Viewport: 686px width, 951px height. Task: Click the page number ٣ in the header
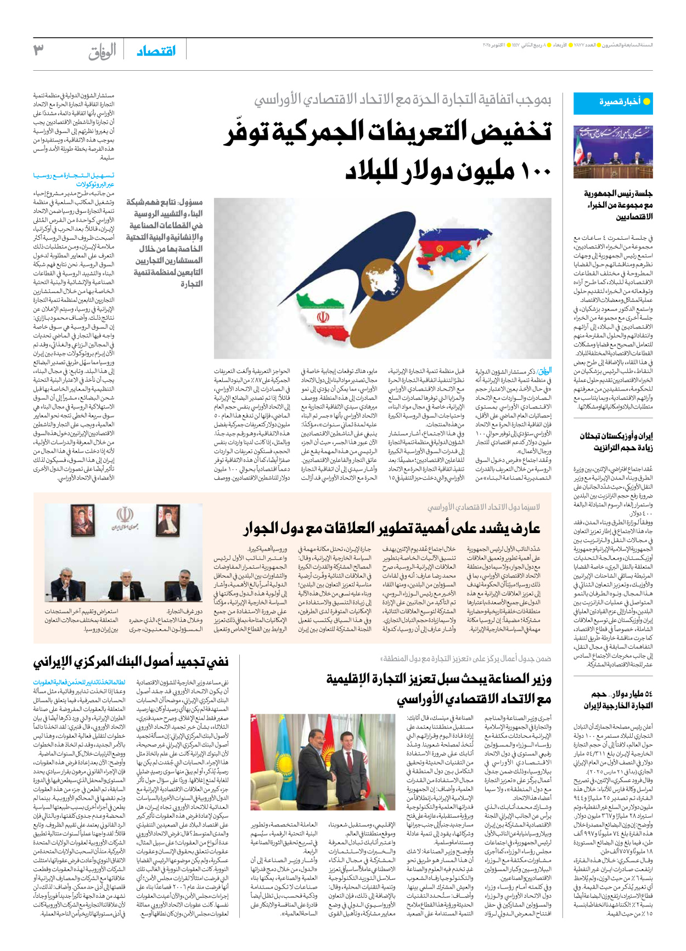coord(38,50)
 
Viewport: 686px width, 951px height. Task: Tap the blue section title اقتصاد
coord(156,51)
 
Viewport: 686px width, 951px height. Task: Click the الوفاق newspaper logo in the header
coord(102,52)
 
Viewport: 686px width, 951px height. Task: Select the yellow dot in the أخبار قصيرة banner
coord(646,101)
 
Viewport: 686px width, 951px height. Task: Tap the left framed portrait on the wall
coord(83,521)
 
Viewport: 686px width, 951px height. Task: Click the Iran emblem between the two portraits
coord(125,518)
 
